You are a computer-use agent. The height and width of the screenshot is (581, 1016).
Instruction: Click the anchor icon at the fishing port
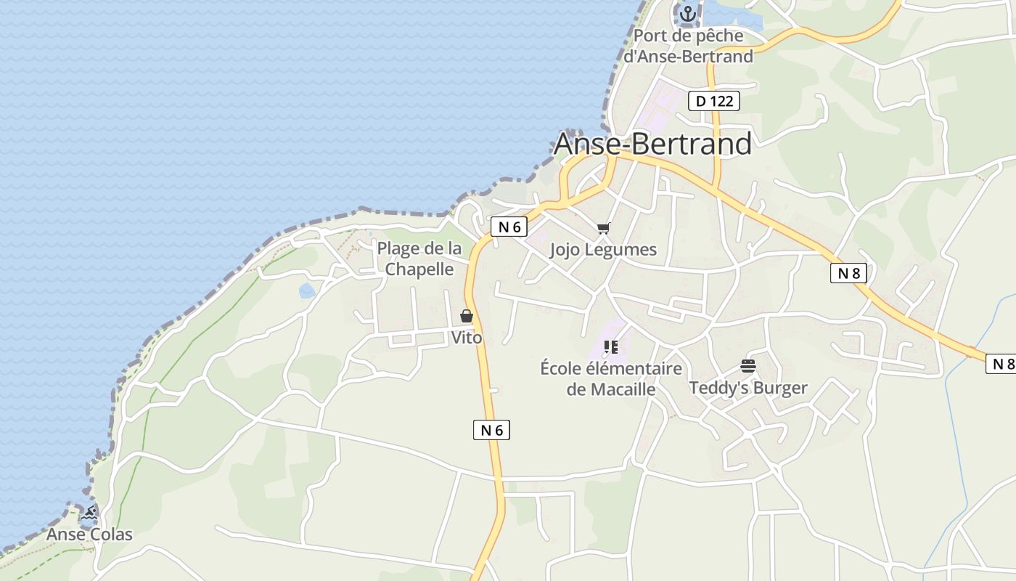click(687, 13)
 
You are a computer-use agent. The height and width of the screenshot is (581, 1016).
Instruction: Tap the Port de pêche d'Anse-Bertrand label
click(689, 46)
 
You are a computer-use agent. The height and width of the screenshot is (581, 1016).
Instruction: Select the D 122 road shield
click(714, 101)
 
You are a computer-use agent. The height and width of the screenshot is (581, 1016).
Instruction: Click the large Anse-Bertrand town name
click(652, 144)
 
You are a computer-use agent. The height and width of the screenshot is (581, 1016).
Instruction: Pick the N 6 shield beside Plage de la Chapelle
click(509, 227)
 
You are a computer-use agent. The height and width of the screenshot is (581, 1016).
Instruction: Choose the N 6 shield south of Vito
click(491, 430)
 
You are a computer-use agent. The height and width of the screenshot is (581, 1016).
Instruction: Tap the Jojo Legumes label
click(603, 250)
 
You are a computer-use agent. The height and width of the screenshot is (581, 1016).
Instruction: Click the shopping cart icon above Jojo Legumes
click(603, 229)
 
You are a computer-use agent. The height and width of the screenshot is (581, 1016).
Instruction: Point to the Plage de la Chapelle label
click(419, 259)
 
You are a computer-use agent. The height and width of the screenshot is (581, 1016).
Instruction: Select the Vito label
click(467, 338)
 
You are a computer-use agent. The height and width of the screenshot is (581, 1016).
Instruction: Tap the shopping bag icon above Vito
click(467, 316)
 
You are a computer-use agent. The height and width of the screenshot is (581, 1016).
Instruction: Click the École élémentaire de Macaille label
click(611, 378)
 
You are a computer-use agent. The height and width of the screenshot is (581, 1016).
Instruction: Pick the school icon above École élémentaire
click(611, 347)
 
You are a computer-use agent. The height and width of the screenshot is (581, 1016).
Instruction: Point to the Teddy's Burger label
click(748, 388)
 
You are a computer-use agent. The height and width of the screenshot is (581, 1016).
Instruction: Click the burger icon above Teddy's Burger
click(748, 365)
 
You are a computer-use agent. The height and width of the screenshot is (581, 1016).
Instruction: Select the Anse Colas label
click(89, 535)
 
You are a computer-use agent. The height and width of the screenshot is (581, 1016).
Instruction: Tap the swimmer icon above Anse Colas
click(89, 513)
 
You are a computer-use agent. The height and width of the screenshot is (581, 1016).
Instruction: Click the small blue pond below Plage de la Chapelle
click(307, 291)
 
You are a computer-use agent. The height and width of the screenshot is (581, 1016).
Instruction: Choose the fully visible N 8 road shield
click(848, 273)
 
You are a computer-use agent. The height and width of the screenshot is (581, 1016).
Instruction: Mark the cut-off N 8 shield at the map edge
click(1001, 364)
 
